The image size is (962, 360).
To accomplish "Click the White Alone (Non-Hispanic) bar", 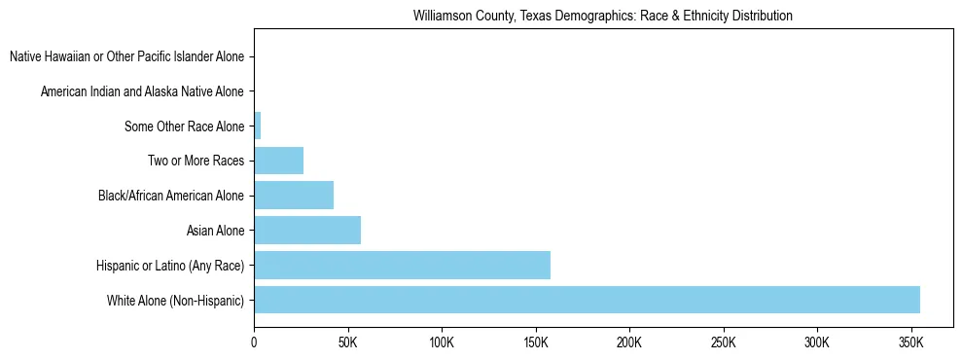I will coord(587,300).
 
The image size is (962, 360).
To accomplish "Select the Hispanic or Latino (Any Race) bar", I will coord(402,266).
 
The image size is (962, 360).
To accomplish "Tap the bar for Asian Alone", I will coord(307,231).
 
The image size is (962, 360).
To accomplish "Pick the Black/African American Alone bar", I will coord(294,196).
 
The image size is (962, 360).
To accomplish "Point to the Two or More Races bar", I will coord(279,161).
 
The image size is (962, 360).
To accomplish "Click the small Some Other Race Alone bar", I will coord(258,126).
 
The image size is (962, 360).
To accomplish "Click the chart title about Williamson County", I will coord(603,17).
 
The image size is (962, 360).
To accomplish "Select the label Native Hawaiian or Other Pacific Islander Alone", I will coord(126,56).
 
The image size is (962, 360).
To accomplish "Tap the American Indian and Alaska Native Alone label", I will coord(142,91).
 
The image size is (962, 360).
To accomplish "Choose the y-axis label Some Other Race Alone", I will coord(185,126).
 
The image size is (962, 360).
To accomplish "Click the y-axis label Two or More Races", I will coord(196,161).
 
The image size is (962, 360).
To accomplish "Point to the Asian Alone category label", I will coord(215,231).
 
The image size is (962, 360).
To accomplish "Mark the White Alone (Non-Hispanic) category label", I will coord(176,301).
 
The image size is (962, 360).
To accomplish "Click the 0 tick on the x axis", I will coord(254,343).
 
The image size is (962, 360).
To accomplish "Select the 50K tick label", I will coord(347,343).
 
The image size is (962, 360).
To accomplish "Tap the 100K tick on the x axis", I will coord(442,343).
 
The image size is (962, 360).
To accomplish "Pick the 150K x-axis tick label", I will coord(535,343).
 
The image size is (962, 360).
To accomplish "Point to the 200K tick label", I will coord(629,343).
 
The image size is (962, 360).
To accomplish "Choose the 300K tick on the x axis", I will coord(817,343).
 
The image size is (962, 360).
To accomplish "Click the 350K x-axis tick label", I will coord(910,343).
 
